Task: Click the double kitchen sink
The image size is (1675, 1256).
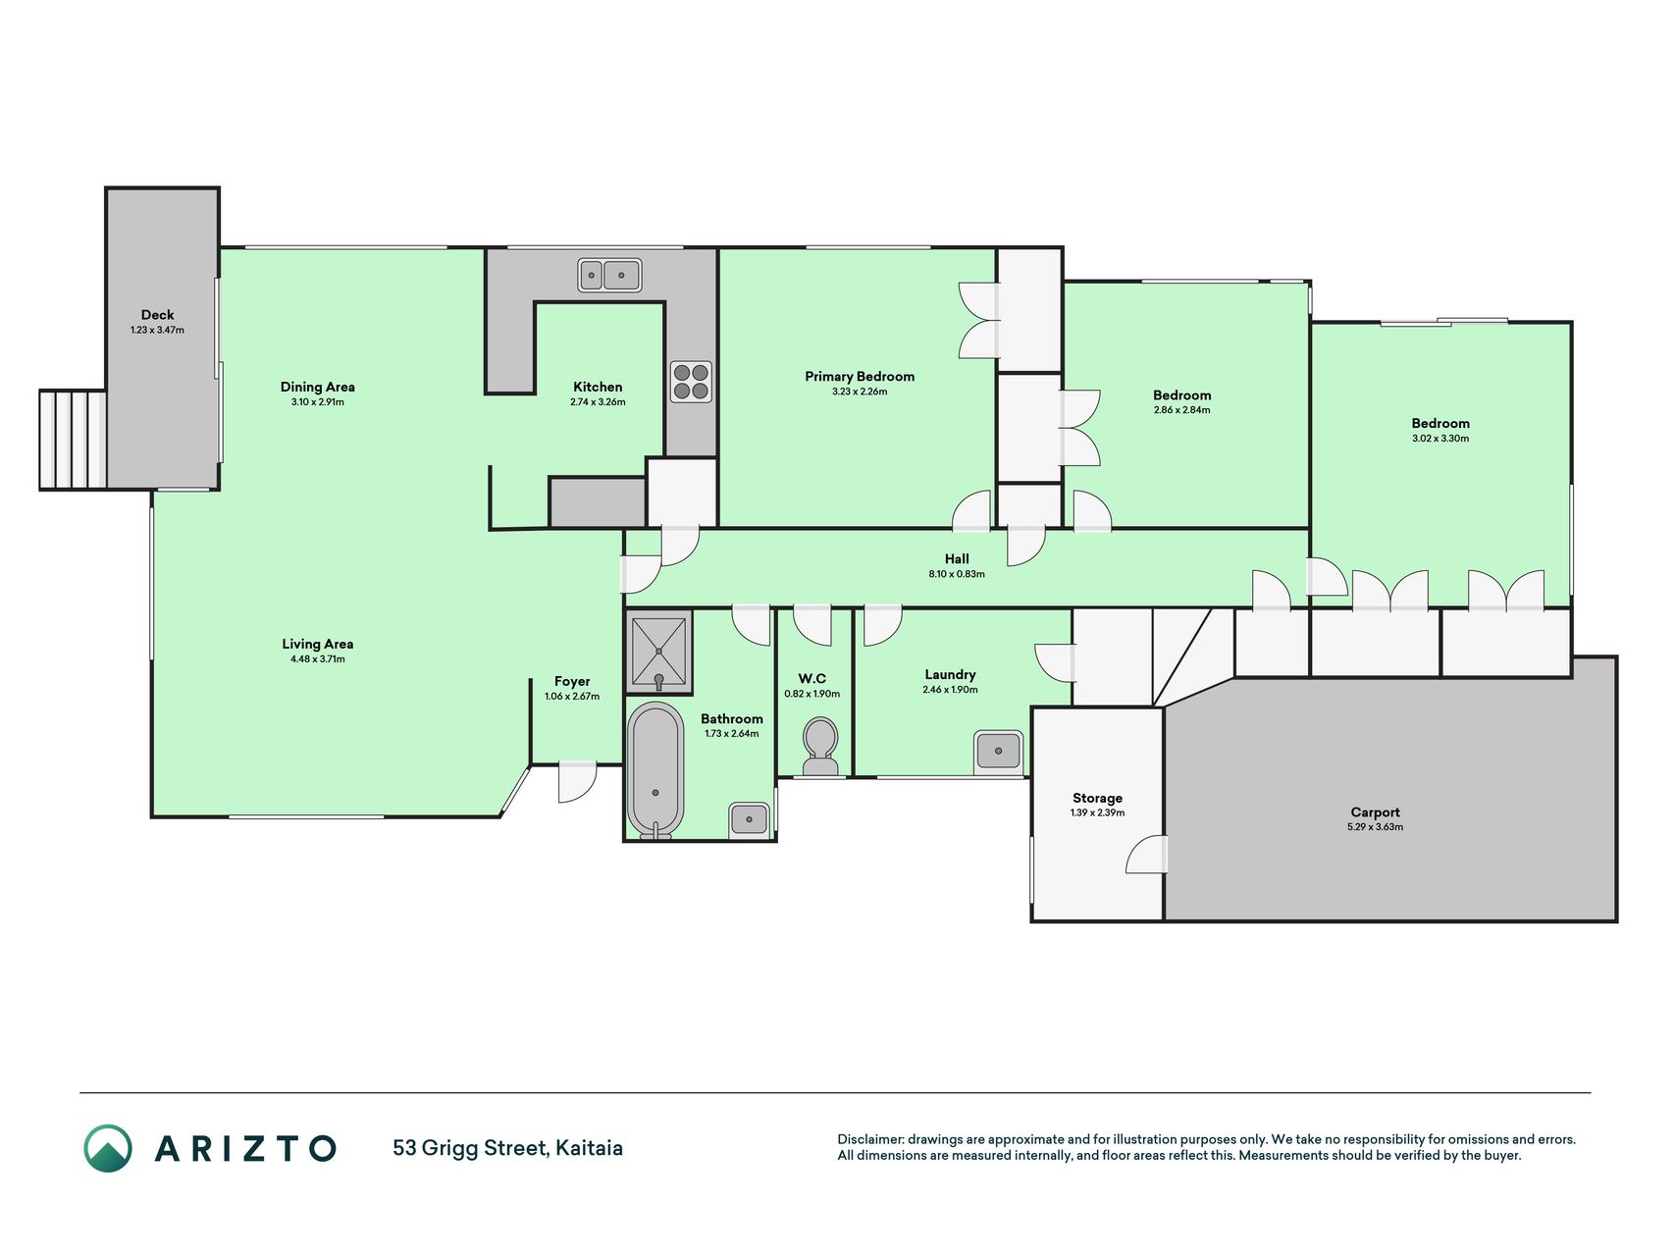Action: [609, 276]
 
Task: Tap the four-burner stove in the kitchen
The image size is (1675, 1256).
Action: [691, 382]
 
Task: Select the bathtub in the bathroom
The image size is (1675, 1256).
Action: [655, 770]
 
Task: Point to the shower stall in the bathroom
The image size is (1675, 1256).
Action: [658, 651]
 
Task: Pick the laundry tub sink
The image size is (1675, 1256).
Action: [998, 752]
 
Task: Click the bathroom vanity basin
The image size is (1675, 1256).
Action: [750, 819]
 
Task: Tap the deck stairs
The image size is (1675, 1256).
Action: [74, 440]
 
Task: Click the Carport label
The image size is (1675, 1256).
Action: [1375, 811]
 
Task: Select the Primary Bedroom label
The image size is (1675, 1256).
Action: [860, 376]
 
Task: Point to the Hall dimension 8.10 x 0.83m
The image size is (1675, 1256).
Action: [957, 574]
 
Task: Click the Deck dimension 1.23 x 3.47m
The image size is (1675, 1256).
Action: [157, 331]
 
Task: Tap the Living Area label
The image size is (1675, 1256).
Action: [318, 644]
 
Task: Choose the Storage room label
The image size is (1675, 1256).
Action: [1097, 798]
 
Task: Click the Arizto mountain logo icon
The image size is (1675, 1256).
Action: [108, 1148]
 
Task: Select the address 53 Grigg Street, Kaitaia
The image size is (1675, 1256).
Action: [507, 1148]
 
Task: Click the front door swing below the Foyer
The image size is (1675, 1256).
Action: [577, 781]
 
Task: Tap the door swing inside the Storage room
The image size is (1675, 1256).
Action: [1146, 854]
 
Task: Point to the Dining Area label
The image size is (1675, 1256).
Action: [318, 387]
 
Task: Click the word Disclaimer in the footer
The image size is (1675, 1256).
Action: [869, 1139]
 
